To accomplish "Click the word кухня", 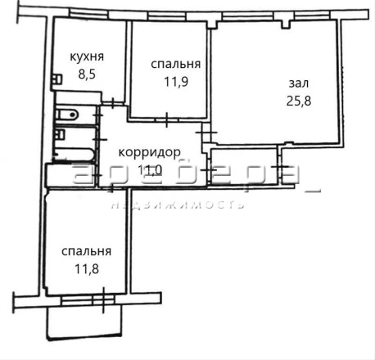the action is [x=87, y=56].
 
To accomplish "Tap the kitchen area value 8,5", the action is [x=87, y=74].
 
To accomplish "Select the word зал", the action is [x=299, y=83].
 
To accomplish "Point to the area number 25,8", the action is [x=299, y=101].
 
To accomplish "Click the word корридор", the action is [x=150, y=153].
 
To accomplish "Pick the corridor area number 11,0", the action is [x=150, y=170].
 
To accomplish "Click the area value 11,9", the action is [x=176, y=82].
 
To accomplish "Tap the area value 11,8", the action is [x=87, y=269].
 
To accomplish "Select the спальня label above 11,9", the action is [x=176, y=65].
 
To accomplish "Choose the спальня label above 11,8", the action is [x=87, y=251].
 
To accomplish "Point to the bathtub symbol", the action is [x=75, y=155].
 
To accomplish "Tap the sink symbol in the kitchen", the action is [x=57, y=79].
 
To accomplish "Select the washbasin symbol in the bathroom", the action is [x=60, y=134].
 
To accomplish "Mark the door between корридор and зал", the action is [x=206, y=133].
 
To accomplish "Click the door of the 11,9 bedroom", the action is [x=167, y=120].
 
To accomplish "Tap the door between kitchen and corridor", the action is [x=113, y=103].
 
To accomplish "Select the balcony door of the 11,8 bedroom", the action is [x=104, y=300].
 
